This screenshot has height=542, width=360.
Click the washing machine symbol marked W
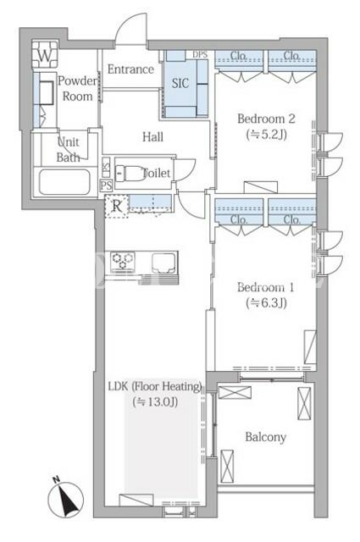pyautogui.click(x=45, y=54)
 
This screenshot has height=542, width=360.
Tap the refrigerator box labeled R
pyautogui.click(x=117, y=207)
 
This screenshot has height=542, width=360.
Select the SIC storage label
pyautogui.click(x=180, y=83)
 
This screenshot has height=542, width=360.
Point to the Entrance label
pyautogui.click(x=130, y=69)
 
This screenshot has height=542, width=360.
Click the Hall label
pyautogui.click(x=152, y=137)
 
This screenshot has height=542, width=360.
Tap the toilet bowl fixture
pyautogui.click(x=129, y=173)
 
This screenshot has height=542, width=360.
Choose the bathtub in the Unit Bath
pyautogui.click(x=64, y=182)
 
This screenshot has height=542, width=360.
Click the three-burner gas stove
pyautogui.click(x=123, y=260)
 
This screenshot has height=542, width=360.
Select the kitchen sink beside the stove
pyautogui.click(x=163, y=263)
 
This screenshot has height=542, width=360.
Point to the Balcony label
pyautogui.click(x=266, y=437)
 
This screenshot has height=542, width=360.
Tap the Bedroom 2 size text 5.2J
pyautogui.click(x=267, y=135)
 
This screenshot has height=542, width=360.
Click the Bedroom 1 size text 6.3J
pyautogui.click(x=266, y=303)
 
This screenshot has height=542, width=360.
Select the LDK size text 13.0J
pyautogui.click(x=156, y=401)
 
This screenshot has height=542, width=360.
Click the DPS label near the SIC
pyautogui.click(x=200, y=54)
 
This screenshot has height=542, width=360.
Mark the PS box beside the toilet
pyautogui.click(x=106, y=185)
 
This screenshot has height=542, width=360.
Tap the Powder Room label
pyautogui.click(x=77, y=88)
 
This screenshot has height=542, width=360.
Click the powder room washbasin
pyautogui.click(x=46, y=92)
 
